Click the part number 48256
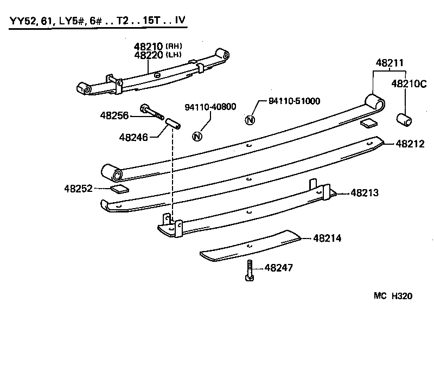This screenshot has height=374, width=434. coord(114,115)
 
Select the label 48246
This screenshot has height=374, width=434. coord(133,137)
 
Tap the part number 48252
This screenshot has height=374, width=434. coord(79,189)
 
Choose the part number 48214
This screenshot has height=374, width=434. coord(327,238)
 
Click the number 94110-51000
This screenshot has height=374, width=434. coord(295,101)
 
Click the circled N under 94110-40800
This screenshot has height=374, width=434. coord(197,136)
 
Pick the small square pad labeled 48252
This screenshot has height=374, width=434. coord(119,189)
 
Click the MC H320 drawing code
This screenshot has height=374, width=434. coord(393,296)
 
